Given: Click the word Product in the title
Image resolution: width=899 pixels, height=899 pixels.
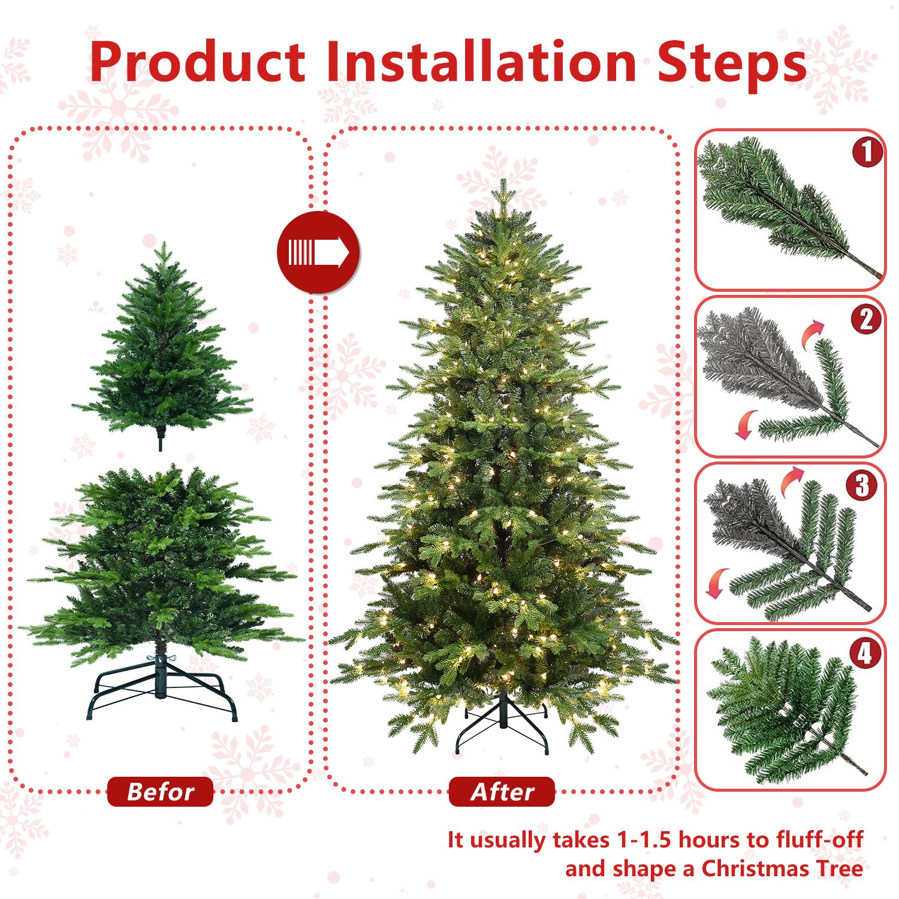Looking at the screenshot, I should click(x=198, y=63).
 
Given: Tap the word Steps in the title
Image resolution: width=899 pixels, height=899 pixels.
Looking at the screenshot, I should click(x=731, y=63).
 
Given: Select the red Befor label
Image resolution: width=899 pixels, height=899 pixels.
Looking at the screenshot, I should click(x=160, y=792).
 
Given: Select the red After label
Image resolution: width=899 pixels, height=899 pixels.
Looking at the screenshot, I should click(x=502, y=792).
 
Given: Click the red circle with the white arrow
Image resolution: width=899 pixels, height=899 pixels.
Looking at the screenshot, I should click(x=318, y=252).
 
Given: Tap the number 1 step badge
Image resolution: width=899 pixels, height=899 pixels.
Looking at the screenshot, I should click(x=867, y=152).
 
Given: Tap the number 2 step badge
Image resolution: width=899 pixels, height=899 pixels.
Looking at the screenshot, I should click(x=866, y=319).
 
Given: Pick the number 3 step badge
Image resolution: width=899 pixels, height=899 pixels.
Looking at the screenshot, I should click(x=862, y=485).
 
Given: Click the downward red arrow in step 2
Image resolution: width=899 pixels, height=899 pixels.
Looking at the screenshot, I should click(x=746, y=424).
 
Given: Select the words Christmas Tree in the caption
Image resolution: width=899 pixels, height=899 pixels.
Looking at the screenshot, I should click(x=782, y=868).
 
